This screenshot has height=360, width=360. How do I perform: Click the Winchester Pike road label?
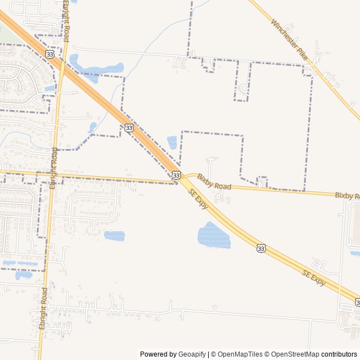(289, 40)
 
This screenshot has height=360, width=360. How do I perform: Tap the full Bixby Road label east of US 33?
(214, 182)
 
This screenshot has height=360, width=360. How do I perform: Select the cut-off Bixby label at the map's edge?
(347, 196)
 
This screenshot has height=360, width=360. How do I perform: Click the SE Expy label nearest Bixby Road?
(199, 199)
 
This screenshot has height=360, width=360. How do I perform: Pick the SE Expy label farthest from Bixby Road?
(314, 278)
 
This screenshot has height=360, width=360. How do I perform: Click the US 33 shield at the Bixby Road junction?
(176, 175)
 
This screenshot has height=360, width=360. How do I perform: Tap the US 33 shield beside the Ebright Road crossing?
(50, 54)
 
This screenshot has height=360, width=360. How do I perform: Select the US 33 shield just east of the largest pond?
(260, 248)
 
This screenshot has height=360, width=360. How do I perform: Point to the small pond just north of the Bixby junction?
(172, 142)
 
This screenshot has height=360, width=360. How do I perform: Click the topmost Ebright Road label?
(66, 21)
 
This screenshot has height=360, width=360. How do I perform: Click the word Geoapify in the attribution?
(192, 354)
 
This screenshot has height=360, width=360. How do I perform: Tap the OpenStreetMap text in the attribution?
(295, 354)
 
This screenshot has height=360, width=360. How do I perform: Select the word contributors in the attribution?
(339, 354)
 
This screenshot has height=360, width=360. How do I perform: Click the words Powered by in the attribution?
(158, 354)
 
